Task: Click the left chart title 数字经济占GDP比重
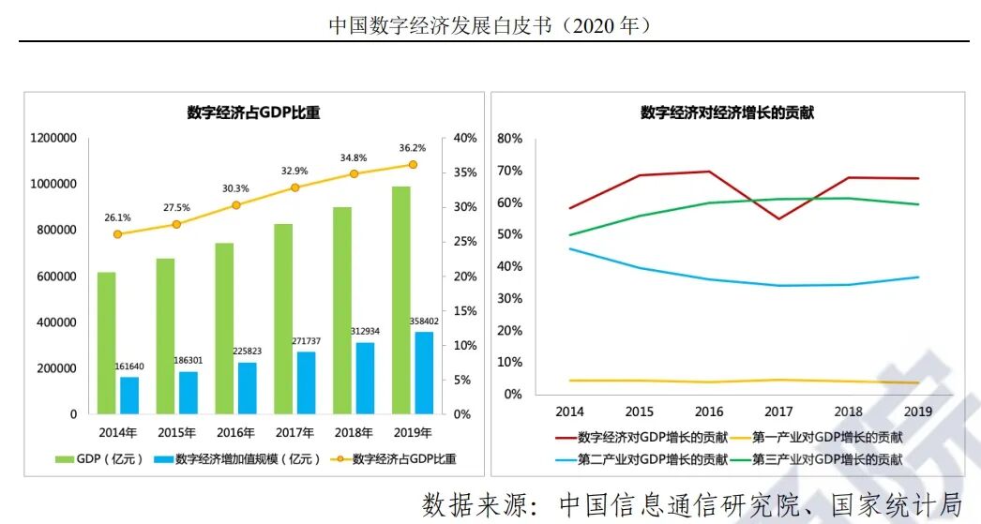(253, 113)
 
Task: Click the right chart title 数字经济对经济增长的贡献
(727, 113)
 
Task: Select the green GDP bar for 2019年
(401, 300)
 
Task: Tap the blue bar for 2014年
(129, 395)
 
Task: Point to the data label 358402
(424, 322)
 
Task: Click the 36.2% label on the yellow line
(412, 147)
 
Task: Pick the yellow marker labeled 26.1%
(117, 234)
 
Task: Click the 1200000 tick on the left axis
(53, 139)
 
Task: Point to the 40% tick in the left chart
(465, 139)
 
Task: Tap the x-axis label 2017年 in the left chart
(294, 433)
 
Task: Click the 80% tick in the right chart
(509, 139)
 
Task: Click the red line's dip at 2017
(779, 219)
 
